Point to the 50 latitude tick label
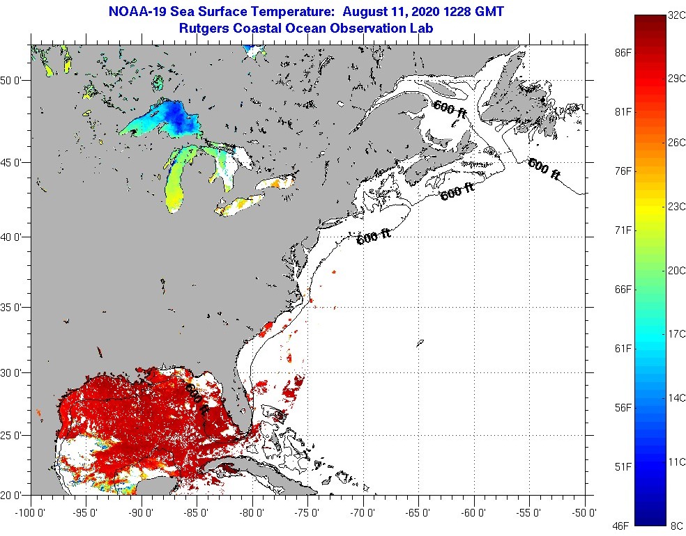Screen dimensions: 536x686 (15, 80)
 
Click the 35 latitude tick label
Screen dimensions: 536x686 (15, 307)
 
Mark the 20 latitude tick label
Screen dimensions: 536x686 (15, 496)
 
